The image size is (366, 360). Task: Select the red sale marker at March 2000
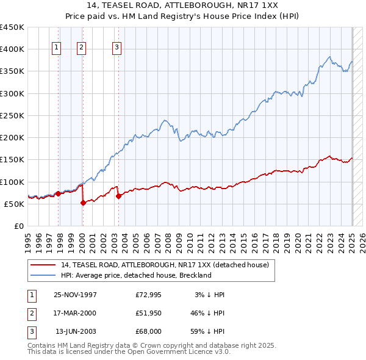pos(83,203)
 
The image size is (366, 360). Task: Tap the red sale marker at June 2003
pos(118,196)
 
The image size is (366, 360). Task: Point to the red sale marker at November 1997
pos(59,193)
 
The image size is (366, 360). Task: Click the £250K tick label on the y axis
pos(12,115)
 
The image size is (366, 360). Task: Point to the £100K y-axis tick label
pos(12,182)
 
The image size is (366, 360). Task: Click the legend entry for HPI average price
pos(136,275)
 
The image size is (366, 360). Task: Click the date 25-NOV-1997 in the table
pos(75,295)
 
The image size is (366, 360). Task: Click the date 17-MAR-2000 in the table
pos(75,313)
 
